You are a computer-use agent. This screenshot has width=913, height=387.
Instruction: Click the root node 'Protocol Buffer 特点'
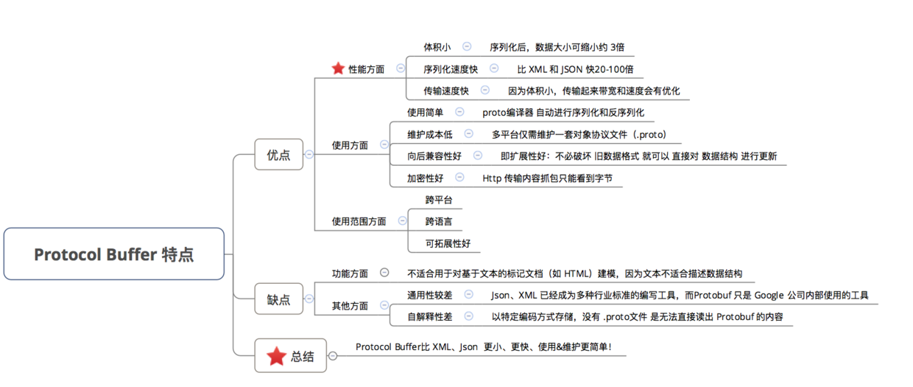coord(113,254)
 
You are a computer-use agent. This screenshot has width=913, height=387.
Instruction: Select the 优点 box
coord(279,154)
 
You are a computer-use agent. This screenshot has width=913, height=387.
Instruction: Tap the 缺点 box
coord(279,299)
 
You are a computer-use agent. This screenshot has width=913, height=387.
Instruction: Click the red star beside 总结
coord(277,356)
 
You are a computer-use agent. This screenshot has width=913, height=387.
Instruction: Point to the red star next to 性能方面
coord(338,68)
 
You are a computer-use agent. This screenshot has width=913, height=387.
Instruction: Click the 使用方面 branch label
coord(350,145)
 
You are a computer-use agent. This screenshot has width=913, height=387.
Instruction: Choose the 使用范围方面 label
coord(359,221)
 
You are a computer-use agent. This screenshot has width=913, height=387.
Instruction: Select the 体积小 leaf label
coord(437,47)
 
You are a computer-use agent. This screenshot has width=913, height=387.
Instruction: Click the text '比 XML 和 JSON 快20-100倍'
coord(575,69)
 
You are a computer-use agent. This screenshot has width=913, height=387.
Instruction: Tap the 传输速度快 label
coord(446,91)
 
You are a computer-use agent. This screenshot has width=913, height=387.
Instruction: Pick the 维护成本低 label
coord(429,134)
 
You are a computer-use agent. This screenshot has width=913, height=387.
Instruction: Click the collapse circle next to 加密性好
coord(459,177)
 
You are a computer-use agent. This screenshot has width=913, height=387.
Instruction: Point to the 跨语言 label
coord(439,221)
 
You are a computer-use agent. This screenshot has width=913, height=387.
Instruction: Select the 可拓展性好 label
coord(448,243)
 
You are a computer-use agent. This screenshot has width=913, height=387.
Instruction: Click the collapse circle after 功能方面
coord(384,272)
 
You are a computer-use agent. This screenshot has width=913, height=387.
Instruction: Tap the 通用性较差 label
coord(429,295)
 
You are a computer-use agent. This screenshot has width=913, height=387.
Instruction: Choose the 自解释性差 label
coord(429,316)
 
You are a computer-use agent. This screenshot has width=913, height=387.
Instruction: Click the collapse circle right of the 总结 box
coord(333,356)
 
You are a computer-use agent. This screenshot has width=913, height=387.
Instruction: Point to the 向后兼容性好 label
coord(434,156)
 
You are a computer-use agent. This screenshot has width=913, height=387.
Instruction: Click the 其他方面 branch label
coord(350,306)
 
